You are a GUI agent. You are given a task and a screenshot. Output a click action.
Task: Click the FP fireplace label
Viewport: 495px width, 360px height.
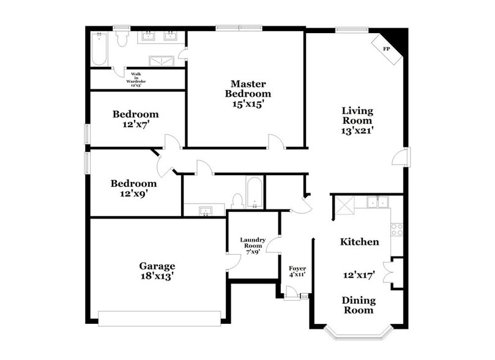386,48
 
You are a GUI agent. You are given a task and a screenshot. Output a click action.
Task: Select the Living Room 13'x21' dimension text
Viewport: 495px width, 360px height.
357,130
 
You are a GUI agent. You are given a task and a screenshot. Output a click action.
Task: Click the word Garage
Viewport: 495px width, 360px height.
157,266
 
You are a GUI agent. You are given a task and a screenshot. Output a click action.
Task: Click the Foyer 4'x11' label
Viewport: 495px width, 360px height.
297,271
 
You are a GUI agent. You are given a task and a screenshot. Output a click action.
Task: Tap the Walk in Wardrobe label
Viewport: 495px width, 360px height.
135,79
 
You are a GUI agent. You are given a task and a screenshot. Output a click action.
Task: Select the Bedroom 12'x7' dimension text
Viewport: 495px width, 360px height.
136,124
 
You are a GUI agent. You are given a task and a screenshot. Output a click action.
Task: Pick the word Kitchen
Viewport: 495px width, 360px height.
359,242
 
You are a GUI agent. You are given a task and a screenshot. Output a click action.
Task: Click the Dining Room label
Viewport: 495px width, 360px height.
357,305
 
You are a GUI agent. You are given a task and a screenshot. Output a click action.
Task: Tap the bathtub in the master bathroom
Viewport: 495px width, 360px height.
99,49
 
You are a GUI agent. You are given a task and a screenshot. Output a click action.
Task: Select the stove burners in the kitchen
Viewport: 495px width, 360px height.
397,230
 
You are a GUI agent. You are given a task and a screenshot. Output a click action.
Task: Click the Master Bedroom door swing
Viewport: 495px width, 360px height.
276,142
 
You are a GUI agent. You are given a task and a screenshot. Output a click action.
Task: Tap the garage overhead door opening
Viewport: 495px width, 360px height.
159,318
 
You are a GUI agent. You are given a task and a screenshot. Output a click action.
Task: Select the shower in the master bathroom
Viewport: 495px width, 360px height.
162,61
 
